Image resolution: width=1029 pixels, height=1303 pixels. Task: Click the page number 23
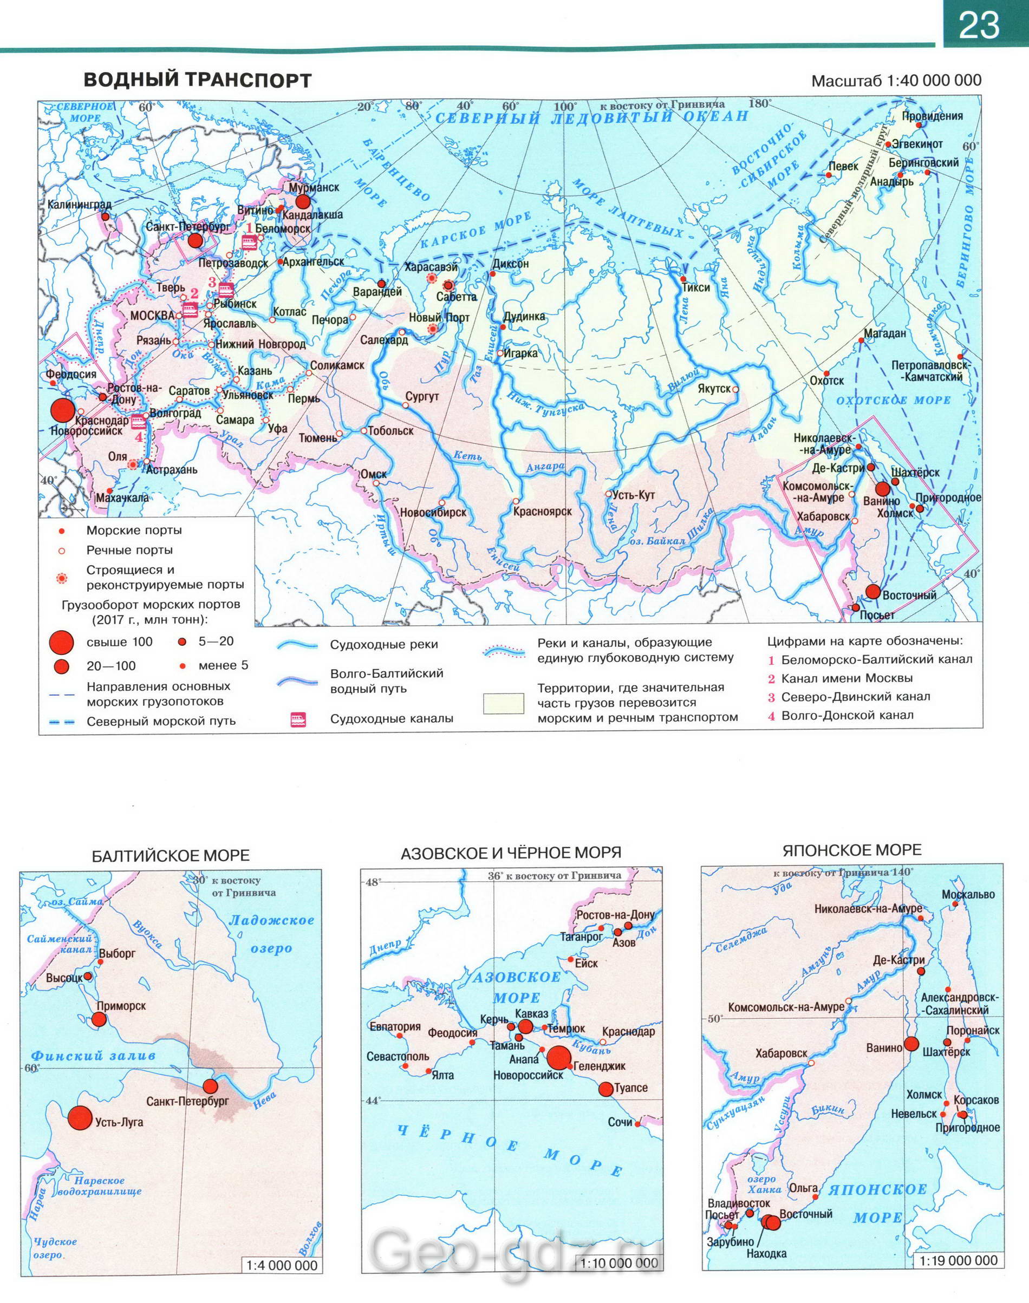point(979,25)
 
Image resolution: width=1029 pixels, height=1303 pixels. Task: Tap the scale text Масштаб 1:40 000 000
point(896,80)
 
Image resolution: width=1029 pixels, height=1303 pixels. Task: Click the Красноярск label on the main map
point(542,512)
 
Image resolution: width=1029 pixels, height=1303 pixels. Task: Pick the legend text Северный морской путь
point(161,722)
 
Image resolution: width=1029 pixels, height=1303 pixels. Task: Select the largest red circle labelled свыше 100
point(61,643)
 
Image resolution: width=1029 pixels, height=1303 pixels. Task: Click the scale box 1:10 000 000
point(620,1246)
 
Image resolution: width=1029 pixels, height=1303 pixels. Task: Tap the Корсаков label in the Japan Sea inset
point(976,1101)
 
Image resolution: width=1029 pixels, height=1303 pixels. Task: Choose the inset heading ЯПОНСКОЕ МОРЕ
point(852,851)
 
